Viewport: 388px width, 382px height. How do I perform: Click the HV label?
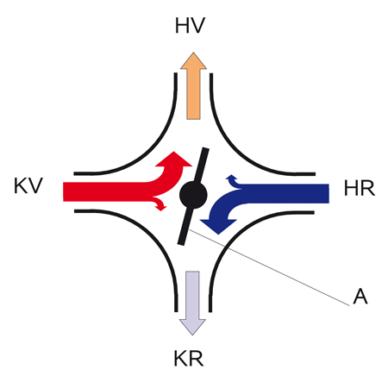(190, 26)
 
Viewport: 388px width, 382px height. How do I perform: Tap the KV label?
(28, 185)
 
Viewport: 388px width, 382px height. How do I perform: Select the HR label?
(360, 188)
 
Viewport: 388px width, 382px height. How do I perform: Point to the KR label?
(189, 359)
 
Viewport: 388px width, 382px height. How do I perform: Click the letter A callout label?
(360, 297)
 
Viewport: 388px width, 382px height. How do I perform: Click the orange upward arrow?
(193, 85)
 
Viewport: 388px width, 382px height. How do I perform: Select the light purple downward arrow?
(192, 303)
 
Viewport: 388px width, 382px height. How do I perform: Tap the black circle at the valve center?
(193, 195)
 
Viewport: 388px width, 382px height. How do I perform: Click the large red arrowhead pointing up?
(173, 160)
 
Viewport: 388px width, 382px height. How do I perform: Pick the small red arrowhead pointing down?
(162, 207)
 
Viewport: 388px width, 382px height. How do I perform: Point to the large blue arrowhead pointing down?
(218, 226)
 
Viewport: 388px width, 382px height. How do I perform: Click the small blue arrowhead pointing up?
(231, 177)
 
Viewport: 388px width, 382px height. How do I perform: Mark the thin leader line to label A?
(269, 267)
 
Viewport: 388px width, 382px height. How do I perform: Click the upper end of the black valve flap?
(205, 149)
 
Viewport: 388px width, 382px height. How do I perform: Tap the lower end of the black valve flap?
(181, 243)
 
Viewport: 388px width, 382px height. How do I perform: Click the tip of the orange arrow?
(193, 53)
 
